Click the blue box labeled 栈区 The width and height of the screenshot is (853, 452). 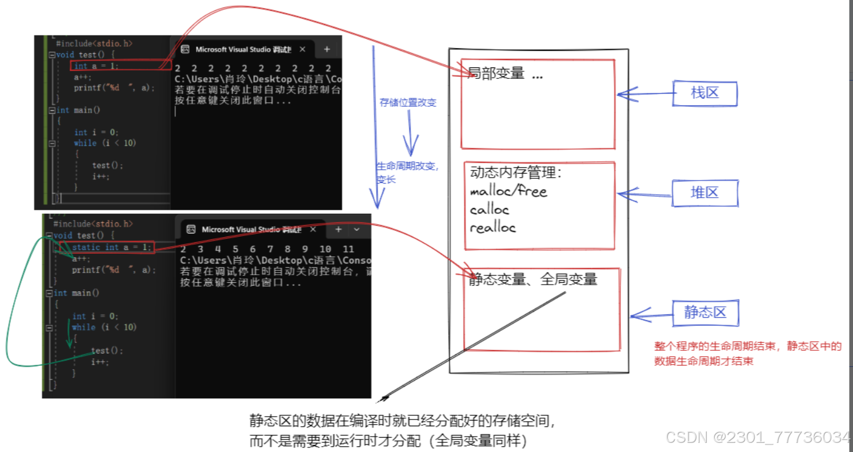click(x=706, y=94)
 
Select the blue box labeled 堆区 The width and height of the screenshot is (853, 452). click(x=705, y=194)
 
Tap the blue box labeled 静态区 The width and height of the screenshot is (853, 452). click(x=706, y=313)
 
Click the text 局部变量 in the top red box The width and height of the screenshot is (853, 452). click(x=496, y=73)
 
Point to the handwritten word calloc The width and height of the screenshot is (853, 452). click(x=490, y=210)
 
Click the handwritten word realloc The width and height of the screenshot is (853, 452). click(x=493, y=227)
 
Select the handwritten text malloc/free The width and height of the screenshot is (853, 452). click(x=508, y=191)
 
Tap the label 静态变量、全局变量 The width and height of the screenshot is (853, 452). click(x=532, y=279)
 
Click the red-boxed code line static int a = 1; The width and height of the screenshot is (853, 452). click(x=112, y=247)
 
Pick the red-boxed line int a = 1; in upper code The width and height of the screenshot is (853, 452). click(x=97, y=66)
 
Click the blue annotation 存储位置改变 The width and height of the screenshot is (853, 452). click(x=408, y=103)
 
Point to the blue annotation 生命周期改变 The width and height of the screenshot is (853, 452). click(x=407, y=166)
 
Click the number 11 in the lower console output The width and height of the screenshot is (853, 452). click(x=349, y=249)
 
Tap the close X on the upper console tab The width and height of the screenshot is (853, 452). click(x=302, y=49)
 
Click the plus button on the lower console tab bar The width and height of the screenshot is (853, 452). click(x=338, y=229)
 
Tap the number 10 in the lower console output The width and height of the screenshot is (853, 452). click(x=325, y=249)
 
